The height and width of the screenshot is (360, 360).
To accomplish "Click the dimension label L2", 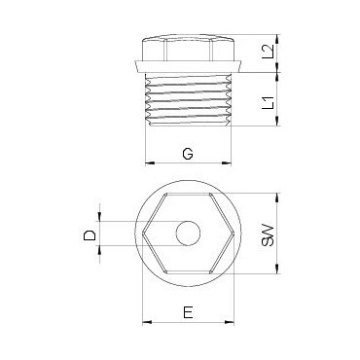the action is coord(269,52).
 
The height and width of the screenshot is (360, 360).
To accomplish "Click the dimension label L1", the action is coord(269,102).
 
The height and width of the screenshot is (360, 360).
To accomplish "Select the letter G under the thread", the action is coord(188,154).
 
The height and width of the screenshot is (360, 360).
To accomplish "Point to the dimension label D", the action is coord(90,234).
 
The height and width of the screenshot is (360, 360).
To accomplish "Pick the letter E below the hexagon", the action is coord(188,312).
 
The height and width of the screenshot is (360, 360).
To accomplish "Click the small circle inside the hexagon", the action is coord(188,234).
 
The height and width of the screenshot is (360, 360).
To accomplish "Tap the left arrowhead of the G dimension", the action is coord(149,163).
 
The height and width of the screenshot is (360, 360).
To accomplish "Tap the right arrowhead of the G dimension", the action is coord(227,163).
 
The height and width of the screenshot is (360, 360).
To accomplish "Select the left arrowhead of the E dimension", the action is coord(147,322).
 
